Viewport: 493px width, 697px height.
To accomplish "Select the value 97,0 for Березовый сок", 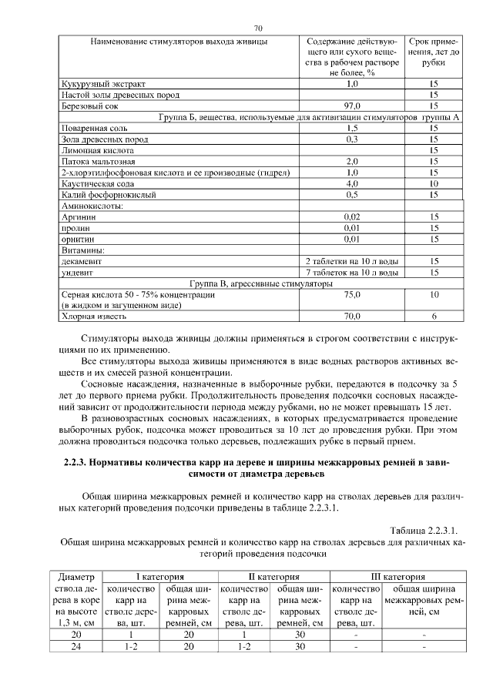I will [351, 106].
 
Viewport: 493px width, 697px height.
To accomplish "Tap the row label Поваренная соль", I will [96, 128].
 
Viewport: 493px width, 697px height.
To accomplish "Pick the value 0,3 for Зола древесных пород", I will [351, 139].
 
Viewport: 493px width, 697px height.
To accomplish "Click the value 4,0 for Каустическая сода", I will [351, 184].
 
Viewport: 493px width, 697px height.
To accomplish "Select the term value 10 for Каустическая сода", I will [434, 184].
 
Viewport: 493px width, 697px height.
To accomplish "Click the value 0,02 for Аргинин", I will [351, 218].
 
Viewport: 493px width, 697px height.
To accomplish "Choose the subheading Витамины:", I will [83, 250].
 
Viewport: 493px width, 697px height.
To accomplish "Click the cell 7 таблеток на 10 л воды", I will [351, 273].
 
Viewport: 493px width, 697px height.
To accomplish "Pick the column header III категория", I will [398, 576].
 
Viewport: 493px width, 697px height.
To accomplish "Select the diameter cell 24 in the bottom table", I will [76, 646].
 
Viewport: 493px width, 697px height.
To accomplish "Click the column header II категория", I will [273, 576].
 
